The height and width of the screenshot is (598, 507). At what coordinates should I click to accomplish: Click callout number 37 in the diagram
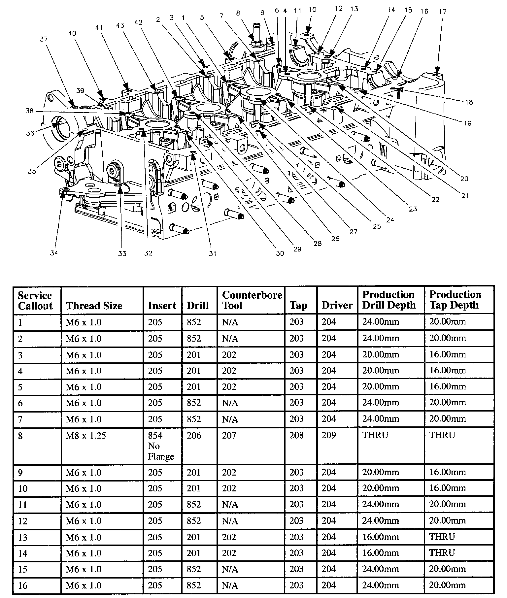click(44, 39)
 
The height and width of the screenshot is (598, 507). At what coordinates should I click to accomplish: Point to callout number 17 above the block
click(443, 12)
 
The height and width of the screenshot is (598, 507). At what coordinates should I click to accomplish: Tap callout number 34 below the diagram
click(54, 253)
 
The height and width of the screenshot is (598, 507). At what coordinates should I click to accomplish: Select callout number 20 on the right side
click(464, 179)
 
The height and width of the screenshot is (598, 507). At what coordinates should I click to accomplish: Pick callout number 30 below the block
click(280, 253)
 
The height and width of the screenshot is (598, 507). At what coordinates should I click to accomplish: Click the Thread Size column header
click(94, 306)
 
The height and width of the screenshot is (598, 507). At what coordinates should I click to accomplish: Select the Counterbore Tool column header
click(252, 300)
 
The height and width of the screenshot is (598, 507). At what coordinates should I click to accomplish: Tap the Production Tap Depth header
click(455, 300)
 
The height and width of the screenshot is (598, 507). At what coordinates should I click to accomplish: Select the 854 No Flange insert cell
click(161, 446)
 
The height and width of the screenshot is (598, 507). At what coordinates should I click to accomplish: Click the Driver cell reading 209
click(329, 436)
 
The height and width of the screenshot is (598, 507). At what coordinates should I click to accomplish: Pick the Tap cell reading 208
click(296, 436)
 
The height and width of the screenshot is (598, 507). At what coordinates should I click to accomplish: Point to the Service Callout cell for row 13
click(23, 537)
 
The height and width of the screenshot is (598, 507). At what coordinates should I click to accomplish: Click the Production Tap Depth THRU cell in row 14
click(442, 553)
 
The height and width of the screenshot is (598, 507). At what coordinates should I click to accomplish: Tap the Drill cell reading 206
click(194, 436)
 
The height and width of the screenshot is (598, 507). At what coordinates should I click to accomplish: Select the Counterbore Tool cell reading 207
click(229, 436)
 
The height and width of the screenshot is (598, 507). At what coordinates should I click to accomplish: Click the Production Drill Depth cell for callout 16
click(381, 585)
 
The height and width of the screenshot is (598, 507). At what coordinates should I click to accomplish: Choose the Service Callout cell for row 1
click(20, 322)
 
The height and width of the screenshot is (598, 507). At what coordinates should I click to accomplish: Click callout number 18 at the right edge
click(469, 102)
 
